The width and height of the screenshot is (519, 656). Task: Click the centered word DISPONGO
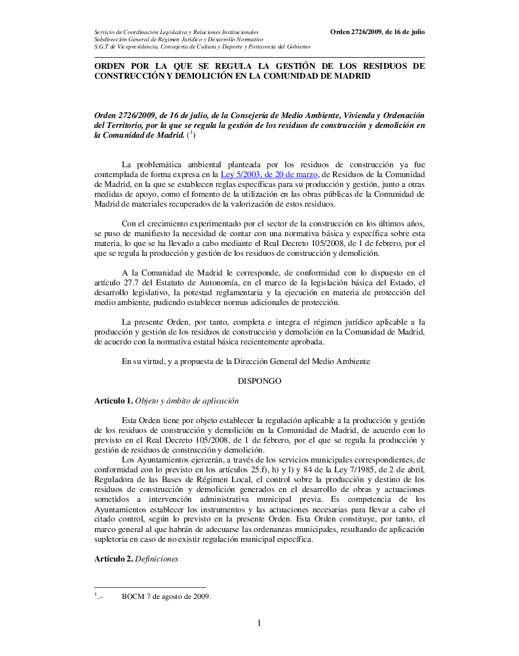pyautogui.click(x=259, y=380)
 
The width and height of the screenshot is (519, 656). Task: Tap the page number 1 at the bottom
pyautogui.click(x=259, y=623)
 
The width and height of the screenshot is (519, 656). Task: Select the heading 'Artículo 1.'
pyautogui.click(x=113, y=400)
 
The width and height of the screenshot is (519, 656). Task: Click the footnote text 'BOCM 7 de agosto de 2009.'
pyautogui.click(x=166, y=596)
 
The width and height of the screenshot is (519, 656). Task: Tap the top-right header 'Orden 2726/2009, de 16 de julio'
pyautogui.click(x=377, y=31)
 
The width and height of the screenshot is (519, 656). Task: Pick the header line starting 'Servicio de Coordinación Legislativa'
pyautogui.click(x=176, y=31)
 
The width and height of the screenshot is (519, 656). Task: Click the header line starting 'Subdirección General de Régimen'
pyautogui.click(x=170, y=39)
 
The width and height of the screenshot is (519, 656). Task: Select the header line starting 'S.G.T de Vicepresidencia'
pyautogui.click(x=202, y=47)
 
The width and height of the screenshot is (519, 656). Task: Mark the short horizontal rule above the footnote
pyautogui.click(x=150, y=587)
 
